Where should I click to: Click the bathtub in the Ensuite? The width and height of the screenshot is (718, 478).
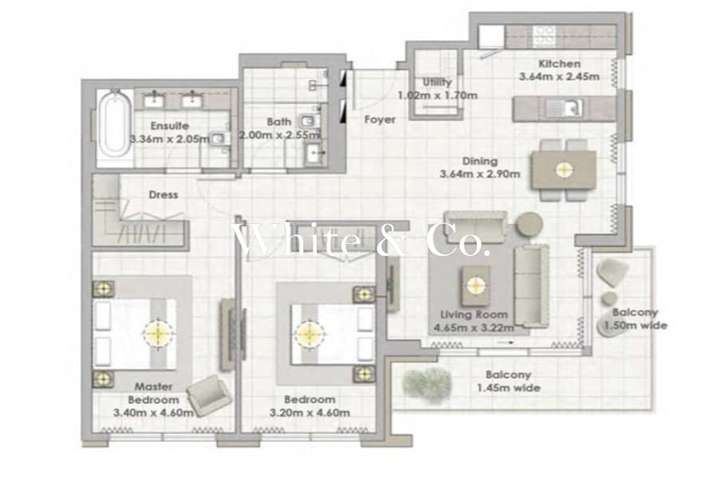pos(113,123)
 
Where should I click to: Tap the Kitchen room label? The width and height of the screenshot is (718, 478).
pos(559,64)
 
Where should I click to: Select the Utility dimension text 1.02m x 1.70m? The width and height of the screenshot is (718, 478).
pos(437,96)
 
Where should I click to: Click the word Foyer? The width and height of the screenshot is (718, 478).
pos(380,119)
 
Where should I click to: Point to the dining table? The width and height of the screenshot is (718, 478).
pos(564,170)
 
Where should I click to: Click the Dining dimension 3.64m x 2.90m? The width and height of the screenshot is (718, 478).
pos(479,174)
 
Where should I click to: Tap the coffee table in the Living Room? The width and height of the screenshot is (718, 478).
pos(475,286)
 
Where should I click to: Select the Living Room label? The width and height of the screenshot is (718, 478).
pos(474,314)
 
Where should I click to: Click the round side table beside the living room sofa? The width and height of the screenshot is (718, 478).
pos(530,224)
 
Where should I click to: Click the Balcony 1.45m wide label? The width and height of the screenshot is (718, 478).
pos(508,382)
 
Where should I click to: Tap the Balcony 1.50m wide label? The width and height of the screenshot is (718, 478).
pos(635,319)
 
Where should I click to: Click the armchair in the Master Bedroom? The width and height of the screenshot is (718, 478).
pos(209,395)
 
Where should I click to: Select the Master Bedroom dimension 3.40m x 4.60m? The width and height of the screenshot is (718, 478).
pos(153,413)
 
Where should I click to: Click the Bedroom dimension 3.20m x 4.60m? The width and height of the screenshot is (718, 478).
pos(310,413)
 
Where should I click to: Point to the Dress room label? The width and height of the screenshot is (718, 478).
pos(163,195)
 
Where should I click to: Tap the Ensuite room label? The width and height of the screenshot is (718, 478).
pos(169,126)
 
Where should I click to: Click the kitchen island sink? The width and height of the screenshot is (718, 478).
pos(564,108)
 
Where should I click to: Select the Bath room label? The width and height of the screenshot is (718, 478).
pos(279,122)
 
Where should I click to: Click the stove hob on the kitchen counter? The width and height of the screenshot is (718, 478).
pos(544,36)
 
